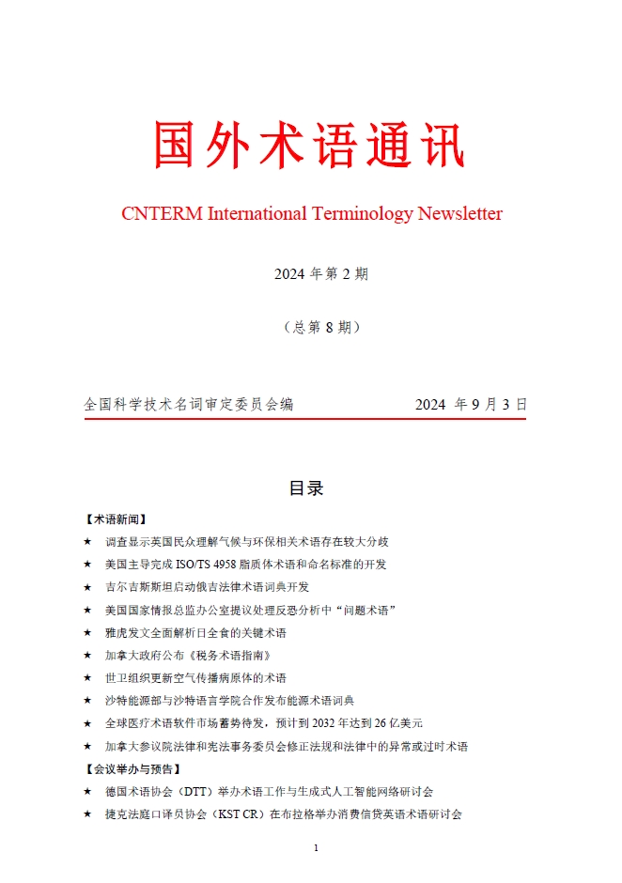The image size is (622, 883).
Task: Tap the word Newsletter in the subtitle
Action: [459, 214]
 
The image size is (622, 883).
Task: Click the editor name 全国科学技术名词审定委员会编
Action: [189, 404]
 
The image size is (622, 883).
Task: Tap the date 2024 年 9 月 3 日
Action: [471, 404]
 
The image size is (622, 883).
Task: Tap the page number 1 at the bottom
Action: [316, 848]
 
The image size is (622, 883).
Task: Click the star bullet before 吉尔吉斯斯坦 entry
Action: [87, 588]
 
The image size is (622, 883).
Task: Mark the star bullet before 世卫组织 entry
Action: [87, 678]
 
